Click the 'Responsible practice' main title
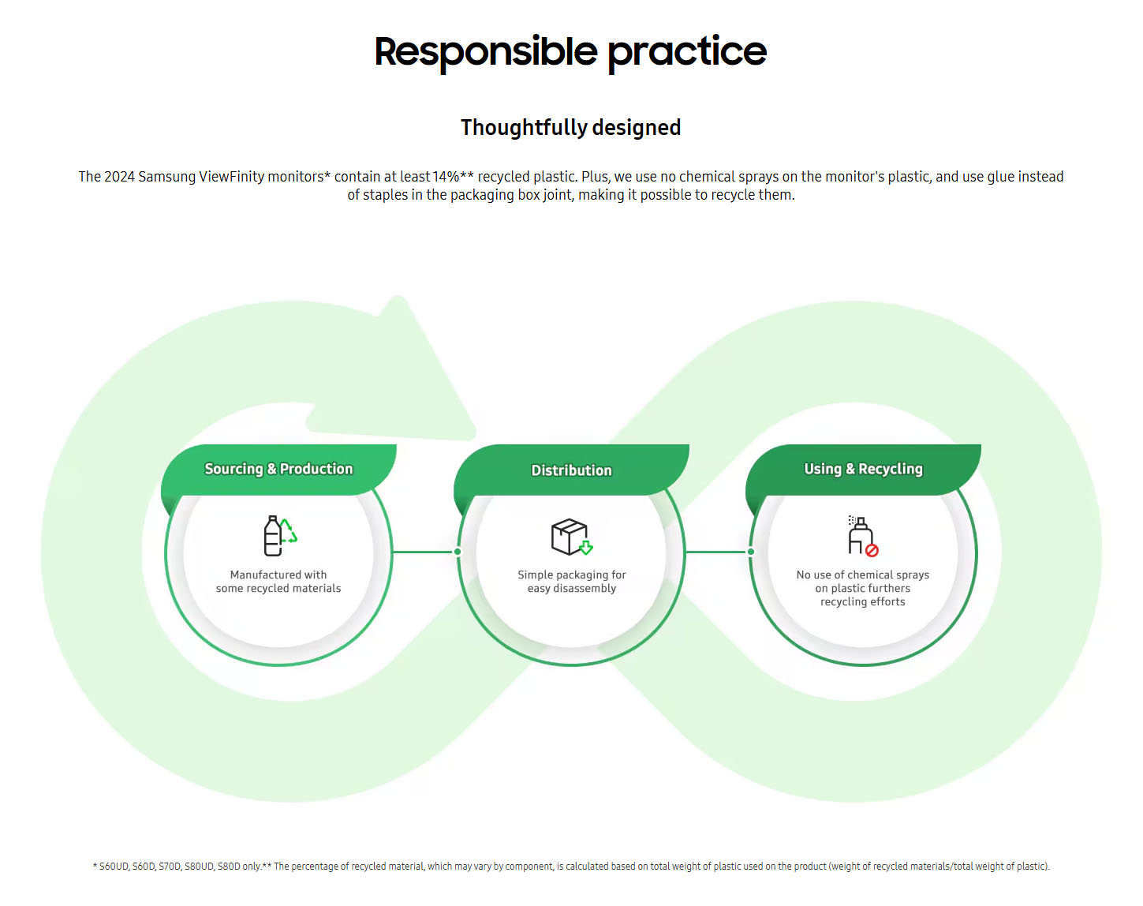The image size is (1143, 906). click(570, 52)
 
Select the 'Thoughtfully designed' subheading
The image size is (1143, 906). click(570, 128)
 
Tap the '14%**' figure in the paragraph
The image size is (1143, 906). click(453, 177)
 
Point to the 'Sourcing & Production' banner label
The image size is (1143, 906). click(278, 469)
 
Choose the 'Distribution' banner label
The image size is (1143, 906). click(571, 470)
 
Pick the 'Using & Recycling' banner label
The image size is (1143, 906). click(863, 469)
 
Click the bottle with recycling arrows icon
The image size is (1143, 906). click(280, 536)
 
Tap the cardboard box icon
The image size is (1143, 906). click(571, 537)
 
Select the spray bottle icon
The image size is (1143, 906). click(862, 536)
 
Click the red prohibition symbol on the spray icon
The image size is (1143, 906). click(872, 551)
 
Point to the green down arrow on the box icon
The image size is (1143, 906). click(586, 548)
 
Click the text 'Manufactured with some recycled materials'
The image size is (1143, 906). click(278, 582)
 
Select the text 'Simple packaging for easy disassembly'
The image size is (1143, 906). click(571, 582)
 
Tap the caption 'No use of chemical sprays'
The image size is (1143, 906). click(862, 575)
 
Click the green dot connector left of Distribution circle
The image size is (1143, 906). click(458, 552)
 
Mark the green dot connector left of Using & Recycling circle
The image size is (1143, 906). click(750, 552)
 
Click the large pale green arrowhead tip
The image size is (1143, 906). click(398, 299)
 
